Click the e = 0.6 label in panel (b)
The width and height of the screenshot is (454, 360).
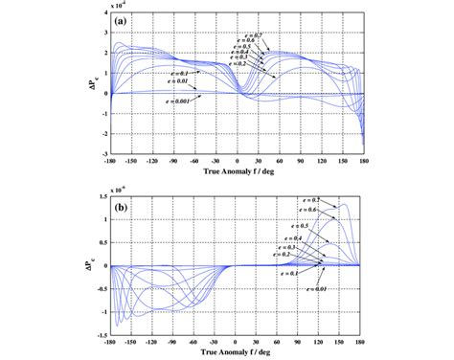point(306,210)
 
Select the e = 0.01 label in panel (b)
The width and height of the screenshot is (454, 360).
point(306,285)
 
